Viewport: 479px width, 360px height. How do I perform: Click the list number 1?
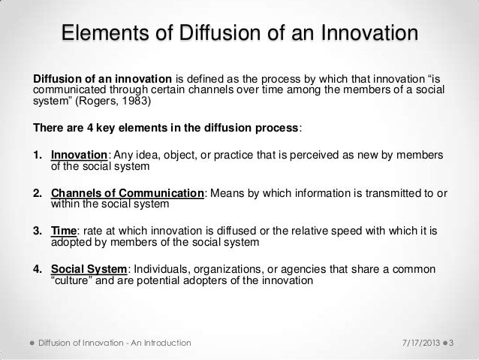[35, 155]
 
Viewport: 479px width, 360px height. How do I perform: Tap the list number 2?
[36, 193]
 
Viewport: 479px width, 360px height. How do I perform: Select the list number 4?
[36, 269]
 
